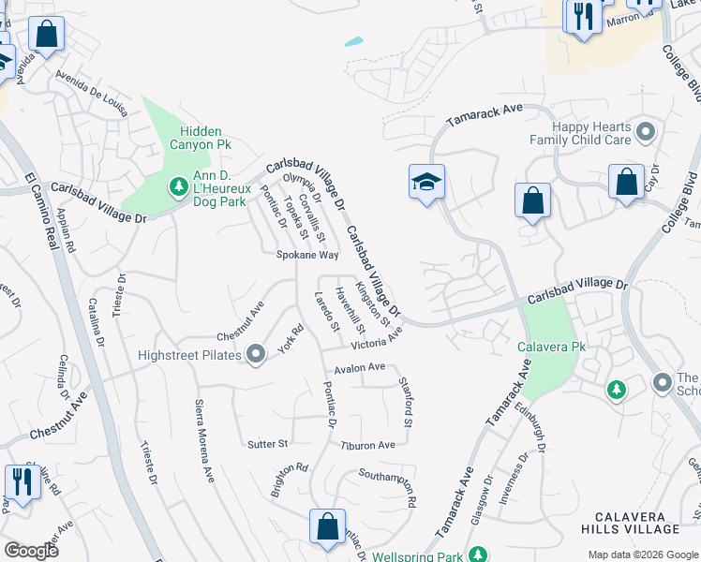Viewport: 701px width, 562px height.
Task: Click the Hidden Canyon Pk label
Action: coord(200,139)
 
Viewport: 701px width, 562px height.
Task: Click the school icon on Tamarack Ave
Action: coord(426,181)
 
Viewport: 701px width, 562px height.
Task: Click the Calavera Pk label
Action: coord(551,347)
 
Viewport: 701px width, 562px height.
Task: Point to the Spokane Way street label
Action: coord(306,255)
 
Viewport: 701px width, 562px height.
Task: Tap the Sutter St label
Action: coord(266,443)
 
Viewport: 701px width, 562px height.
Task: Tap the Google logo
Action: coord(31,551)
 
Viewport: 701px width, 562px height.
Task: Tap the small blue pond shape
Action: coord(354,41)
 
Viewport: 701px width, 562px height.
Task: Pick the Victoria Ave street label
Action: coord(377,336)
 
